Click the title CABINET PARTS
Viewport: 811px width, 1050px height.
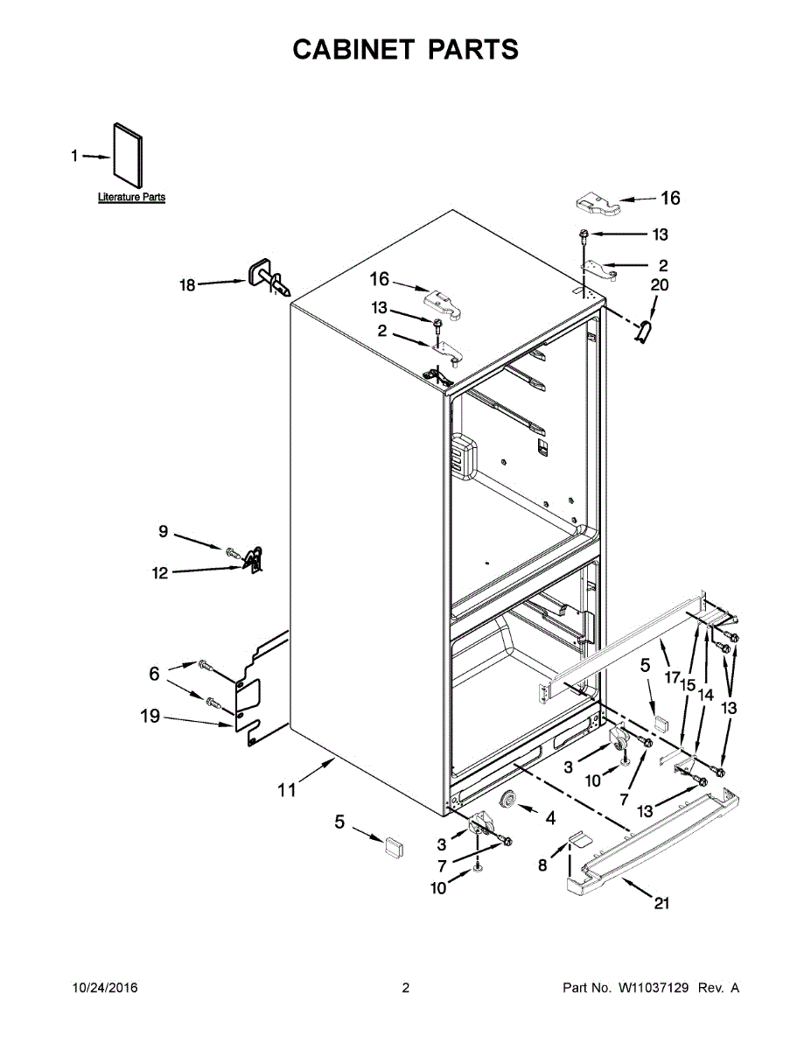(405, 50)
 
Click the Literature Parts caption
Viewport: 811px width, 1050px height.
(131, 198)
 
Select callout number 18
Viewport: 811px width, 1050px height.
(187, 284)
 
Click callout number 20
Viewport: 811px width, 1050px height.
(659, 285)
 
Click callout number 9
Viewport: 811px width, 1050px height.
(163, 531)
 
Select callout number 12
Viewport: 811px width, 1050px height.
(159, 574)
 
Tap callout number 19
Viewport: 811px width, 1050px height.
(150, 717)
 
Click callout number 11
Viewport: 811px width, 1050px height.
(287, 791)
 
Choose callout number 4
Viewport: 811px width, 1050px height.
(550, 819)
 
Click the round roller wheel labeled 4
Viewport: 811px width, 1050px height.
(506, 801)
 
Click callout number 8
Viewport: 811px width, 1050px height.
(543, 865)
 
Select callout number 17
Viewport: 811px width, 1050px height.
(671, 676)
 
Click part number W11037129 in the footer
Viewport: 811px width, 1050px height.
(654, 988)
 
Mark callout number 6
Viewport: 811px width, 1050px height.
(154, 674)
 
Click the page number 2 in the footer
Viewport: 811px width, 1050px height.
(405, 988)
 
